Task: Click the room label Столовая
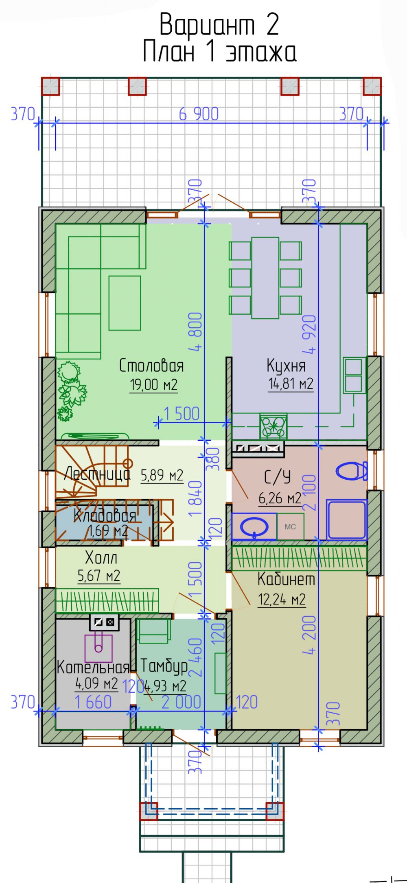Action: point(151,365)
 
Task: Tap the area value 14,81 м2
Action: point(291,383)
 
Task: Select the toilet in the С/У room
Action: point(352,471)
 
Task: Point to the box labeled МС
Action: point(290,527)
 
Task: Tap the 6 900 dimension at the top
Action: point(199,115)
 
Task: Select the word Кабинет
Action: point(287,579)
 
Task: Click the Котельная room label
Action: point(93,667)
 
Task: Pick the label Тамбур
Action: point(164,666)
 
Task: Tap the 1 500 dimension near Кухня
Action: point(182,414)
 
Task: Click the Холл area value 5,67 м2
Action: point(99,576)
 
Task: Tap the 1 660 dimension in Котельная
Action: point(93,702)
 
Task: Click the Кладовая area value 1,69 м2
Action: point(108,531)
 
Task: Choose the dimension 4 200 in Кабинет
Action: point(310,635)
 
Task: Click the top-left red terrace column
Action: point(50,86)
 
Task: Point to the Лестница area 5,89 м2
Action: point(162,475)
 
